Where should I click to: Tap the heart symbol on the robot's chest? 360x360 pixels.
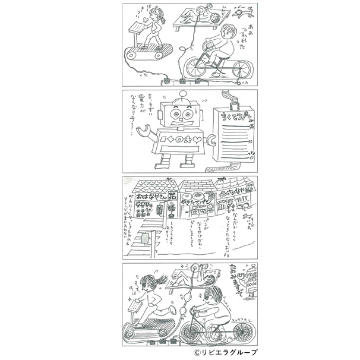(196, 140)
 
